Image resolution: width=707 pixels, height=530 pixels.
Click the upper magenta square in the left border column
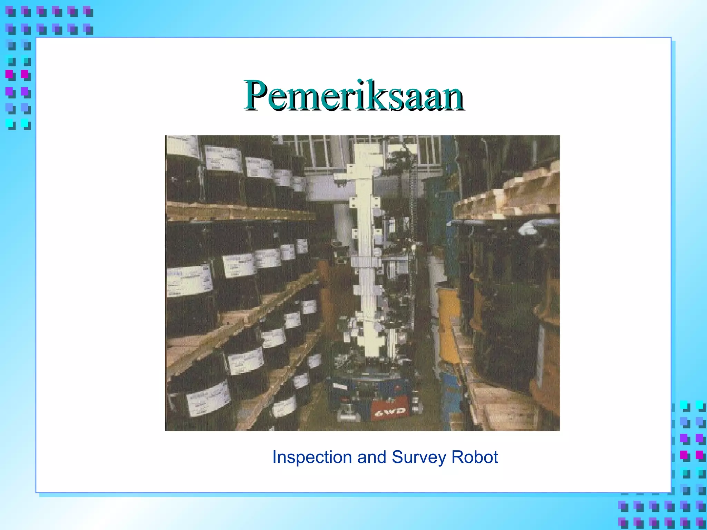coord(9,74)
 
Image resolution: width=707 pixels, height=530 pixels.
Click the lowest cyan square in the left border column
coord(9,123)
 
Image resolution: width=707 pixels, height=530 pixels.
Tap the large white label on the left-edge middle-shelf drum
coord(189,280)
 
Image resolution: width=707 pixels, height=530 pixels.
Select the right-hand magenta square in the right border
coord(699,454)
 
